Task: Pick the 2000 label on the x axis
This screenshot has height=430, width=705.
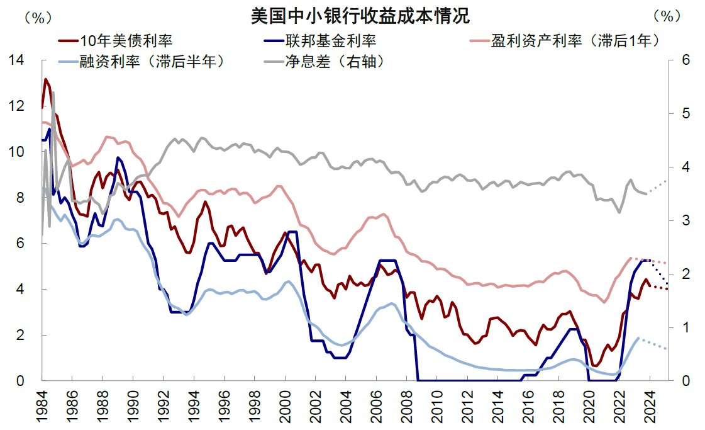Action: pyautogui.click(x=286, y=406)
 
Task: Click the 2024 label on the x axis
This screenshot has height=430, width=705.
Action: pyautogui.click(x=650, y=406)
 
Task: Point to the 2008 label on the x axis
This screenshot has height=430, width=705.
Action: pyautogui.click(x=407, y=406)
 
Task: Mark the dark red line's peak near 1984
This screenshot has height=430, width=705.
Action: pyautogui.click(x=45, y=79)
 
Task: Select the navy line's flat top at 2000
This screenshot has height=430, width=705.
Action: pyautogui.click(x=292, y=232)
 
